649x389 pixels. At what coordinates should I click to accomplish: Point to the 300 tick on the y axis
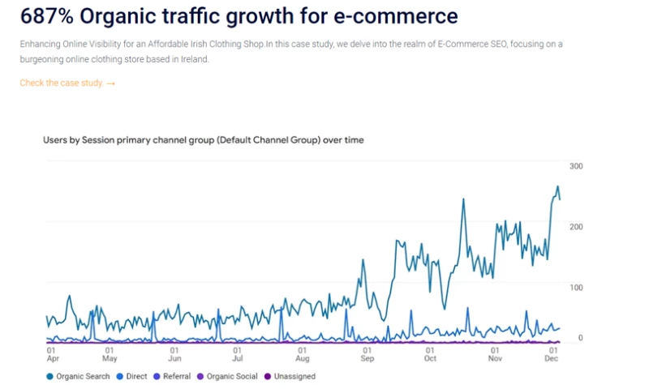(x=577, y=166)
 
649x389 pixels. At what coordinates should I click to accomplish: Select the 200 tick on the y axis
(x=577, y=226)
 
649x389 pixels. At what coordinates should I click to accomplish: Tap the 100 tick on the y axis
(x=577, y=287)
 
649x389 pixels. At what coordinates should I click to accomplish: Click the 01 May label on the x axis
(x=110, y=354)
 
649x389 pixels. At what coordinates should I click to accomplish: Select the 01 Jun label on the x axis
(x=174, y=354)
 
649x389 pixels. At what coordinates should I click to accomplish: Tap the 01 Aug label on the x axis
(x=302, y=354)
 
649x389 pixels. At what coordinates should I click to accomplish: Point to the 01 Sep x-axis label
(x=366, y=354)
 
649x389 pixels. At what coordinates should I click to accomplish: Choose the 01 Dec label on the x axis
(x=552, y=354)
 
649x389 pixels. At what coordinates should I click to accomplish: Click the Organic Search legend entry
(x=78, y=376)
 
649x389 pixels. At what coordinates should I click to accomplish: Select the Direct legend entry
(x=132, y=376)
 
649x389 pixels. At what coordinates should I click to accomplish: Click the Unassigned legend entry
(x=290, y=376)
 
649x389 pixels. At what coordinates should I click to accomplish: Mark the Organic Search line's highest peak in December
(x=557, y=187)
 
